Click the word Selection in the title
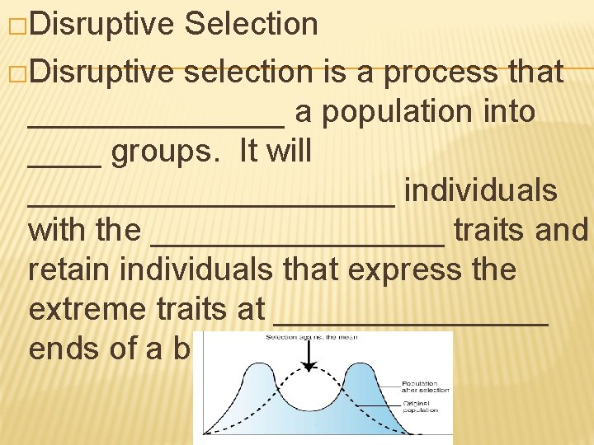point(252,25)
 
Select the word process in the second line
point(442,73)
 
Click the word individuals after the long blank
point(481,191)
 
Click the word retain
point(70,270)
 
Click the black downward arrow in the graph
point(309,358)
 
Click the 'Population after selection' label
point(425,387)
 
